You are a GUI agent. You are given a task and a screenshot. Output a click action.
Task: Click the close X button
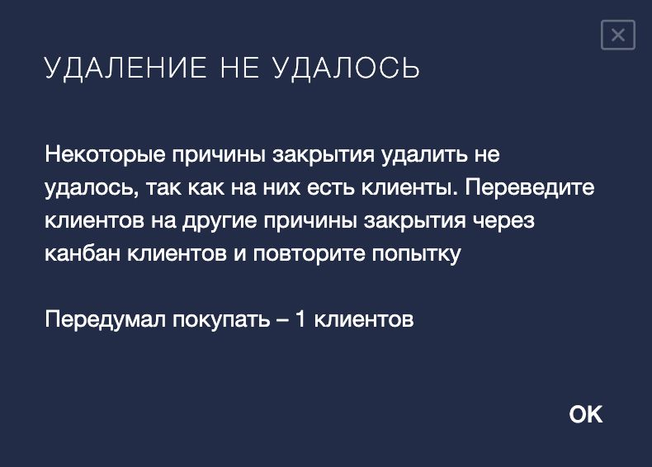point(618,35)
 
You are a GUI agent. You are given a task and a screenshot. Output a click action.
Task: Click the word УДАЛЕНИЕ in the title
point(125,68)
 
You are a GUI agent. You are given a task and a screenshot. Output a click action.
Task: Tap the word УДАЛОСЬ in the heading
point(346,68)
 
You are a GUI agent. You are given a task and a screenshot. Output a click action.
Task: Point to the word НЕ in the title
point(240,68)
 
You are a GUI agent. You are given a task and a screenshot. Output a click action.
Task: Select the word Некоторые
point(105,155)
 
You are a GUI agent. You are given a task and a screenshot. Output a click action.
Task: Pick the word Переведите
point(530,187)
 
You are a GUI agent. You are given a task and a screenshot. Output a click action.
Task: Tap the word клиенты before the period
point(406,188)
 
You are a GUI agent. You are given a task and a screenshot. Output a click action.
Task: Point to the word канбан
point(83,253)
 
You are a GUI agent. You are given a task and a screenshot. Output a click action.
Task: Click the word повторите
point(309,254)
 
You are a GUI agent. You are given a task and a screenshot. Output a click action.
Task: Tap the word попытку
point(416,254)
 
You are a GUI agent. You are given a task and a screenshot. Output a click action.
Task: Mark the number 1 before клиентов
point(300,319)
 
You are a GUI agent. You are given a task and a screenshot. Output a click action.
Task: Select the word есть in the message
point(331,188)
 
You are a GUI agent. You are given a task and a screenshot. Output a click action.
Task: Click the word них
point(281,188)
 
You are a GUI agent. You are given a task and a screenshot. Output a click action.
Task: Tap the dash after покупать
point(282,320)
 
